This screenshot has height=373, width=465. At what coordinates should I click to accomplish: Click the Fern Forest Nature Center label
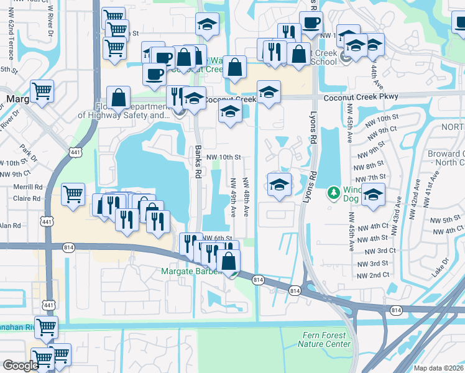(324, 339)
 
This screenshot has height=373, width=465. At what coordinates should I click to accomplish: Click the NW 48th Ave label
(246, 198)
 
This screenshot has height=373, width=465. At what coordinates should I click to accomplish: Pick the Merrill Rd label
(29, 186)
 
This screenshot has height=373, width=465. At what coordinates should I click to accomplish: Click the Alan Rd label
(10, 225)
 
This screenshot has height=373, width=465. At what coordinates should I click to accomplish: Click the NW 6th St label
(217, 239)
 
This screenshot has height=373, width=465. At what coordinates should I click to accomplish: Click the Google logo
(21, 366)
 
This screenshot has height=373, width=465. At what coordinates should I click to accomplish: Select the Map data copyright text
(438, 368)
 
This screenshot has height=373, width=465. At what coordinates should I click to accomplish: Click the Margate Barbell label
(190, 271)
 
